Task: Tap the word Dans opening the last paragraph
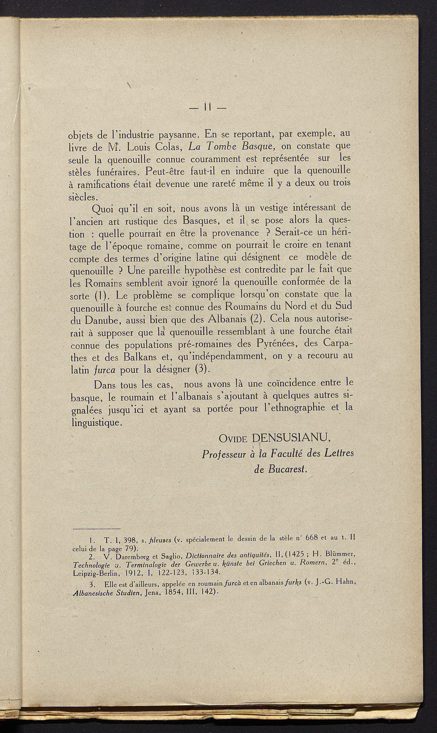pyautogui.click(x=105, y=385)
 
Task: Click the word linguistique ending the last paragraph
pyautogui.click(x=96, y=422)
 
